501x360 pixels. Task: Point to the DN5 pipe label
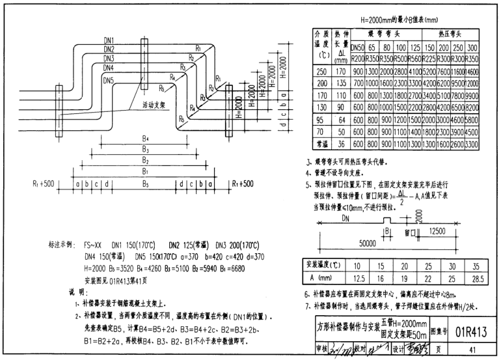109,81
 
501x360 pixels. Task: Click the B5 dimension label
146,184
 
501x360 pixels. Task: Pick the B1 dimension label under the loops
146,173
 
